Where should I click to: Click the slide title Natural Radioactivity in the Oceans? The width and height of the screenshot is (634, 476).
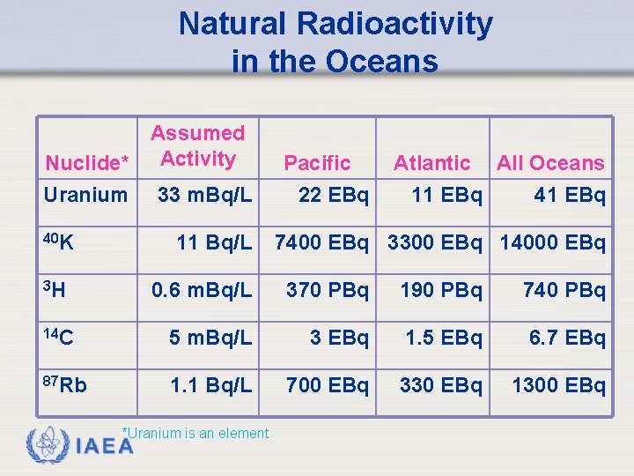(x=335, y=42)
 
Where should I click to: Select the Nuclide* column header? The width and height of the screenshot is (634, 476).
(x=88, y=163)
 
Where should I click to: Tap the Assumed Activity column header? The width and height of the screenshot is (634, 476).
(x=197, y=146)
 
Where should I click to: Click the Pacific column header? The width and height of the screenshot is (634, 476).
(x=317, y=163)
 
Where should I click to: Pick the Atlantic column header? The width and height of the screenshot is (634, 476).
(x=431, y=163)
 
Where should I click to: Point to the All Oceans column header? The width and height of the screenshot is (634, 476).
(x=550, y=163)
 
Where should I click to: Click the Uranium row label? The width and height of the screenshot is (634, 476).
(x=86, y=195)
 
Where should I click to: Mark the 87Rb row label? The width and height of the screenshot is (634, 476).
(x=64, y=385)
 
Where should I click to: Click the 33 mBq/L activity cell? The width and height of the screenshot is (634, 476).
(x=204, y=195)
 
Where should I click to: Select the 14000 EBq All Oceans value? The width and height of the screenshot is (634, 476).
(x=553, y=242)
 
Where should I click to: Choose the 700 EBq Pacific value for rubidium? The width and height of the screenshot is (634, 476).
(x=325, y=385)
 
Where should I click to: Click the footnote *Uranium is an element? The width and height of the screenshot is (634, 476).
(x=195, y=433)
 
